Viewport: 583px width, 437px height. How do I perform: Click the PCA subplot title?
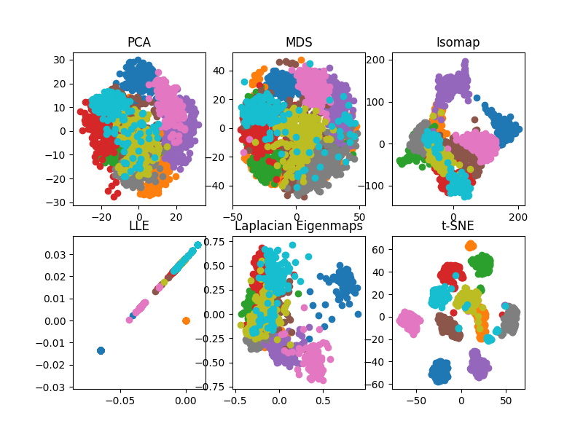coord(139,42)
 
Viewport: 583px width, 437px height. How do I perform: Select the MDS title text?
coord(299,42)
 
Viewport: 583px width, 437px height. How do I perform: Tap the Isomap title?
coord(458,42)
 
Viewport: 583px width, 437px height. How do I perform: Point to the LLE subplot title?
coord(139,226)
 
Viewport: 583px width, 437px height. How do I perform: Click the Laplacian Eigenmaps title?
coord(299,226)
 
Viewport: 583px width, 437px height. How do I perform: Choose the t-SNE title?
coord(458,226)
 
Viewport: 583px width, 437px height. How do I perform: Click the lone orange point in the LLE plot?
coord(186,320)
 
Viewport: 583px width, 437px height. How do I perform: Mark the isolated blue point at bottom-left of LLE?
coord(101,350)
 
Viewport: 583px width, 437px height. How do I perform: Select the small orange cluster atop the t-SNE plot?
coord(470,246)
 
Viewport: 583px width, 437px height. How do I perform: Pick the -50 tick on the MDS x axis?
coord(232,216)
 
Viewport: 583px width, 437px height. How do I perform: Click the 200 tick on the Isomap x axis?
coord(516,216)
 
